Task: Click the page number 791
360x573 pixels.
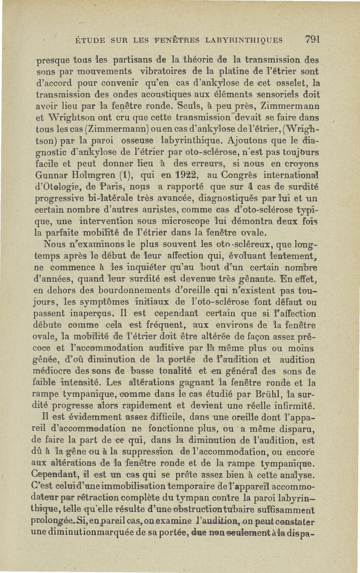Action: [x=312, y=39]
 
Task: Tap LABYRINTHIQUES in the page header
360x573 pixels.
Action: [x=243, y=41]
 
